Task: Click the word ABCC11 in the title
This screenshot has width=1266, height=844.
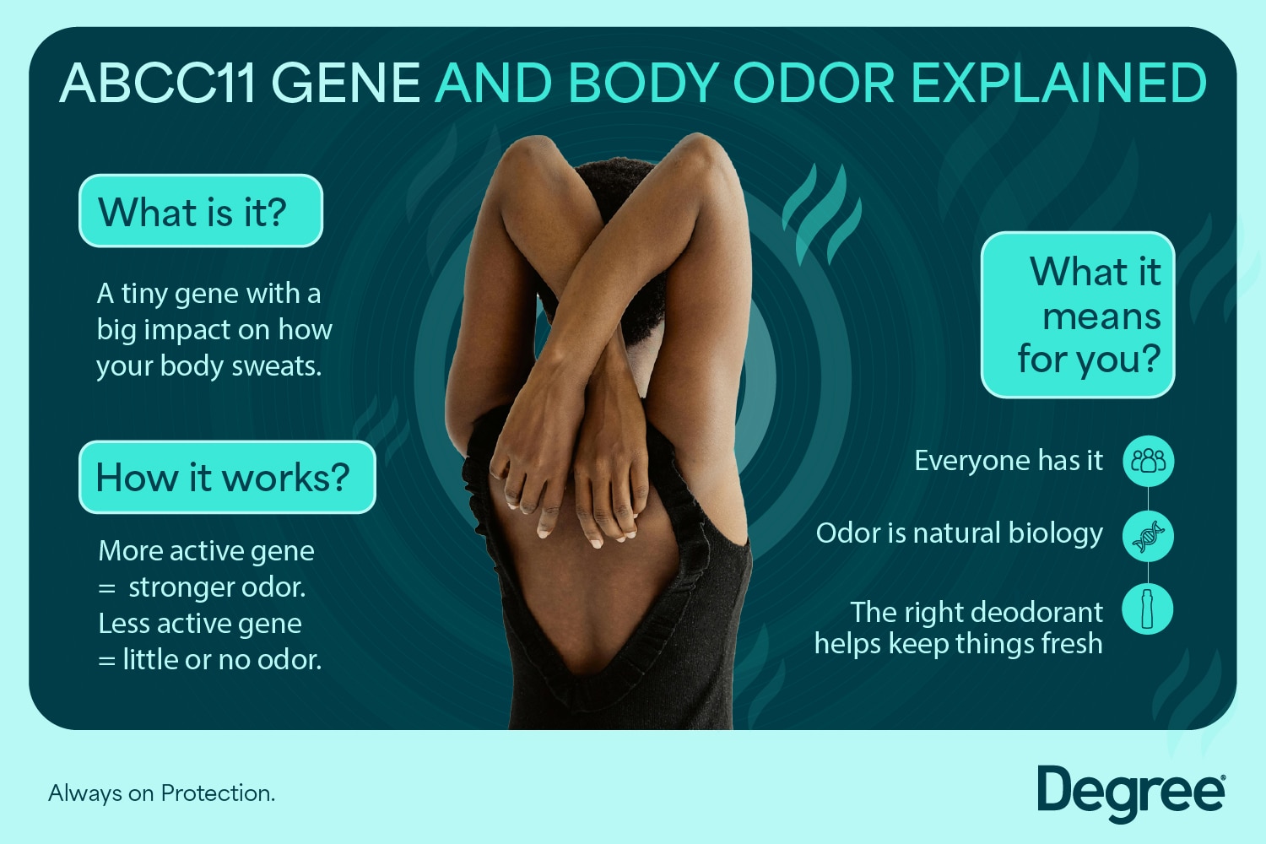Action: [157, 84]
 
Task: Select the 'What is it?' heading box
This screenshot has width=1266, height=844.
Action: [201, 211]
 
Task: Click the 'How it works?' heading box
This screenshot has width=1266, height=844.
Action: [226, 477]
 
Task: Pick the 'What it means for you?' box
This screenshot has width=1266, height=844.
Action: [1078, 315]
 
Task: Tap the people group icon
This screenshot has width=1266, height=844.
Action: [1148, 461]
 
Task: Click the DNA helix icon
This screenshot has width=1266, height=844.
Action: [1148, 536]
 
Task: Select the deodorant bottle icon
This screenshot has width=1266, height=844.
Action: [1148, 609]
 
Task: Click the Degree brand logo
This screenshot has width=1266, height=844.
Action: [1130, 793]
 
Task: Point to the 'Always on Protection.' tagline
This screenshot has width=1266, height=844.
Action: [161, 793]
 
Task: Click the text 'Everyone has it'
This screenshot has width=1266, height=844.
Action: [1008, 461]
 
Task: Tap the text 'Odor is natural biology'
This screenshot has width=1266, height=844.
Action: [959, 533]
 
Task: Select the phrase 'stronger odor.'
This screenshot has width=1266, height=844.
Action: [217, 587]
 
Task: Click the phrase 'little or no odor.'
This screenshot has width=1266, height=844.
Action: [222, 659]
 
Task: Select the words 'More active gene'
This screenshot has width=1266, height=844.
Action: [206, 550]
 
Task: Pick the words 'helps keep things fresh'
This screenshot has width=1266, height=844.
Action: [958, 644]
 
